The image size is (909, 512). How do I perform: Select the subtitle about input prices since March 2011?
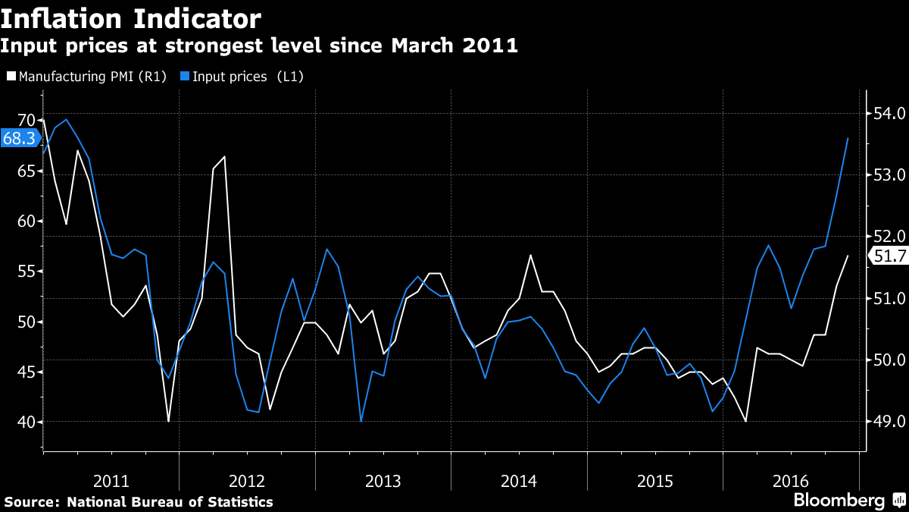click(259, 46)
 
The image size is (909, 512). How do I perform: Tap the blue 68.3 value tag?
click(19, 139)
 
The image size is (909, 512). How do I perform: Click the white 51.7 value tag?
click(889, 256)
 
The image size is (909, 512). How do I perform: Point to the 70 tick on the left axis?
click(27, 121)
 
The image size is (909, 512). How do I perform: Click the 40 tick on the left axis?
click(27, 422)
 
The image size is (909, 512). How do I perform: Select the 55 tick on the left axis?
click(27, 272)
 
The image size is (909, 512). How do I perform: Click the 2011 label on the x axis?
click(111, 481)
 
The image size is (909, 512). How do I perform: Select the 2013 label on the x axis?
click(383, 481)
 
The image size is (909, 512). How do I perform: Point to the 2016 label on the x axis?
click(791, 481)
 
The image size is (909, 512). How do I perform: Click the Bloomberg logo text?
click(839, 501)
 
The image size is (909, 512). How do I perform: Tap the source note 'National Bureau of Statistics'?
click(170, 502)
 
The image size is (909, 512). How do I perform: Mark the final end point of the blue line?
click(848, 138)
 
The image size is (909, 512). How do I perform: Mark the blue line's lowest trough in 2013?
click(361, 421)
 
